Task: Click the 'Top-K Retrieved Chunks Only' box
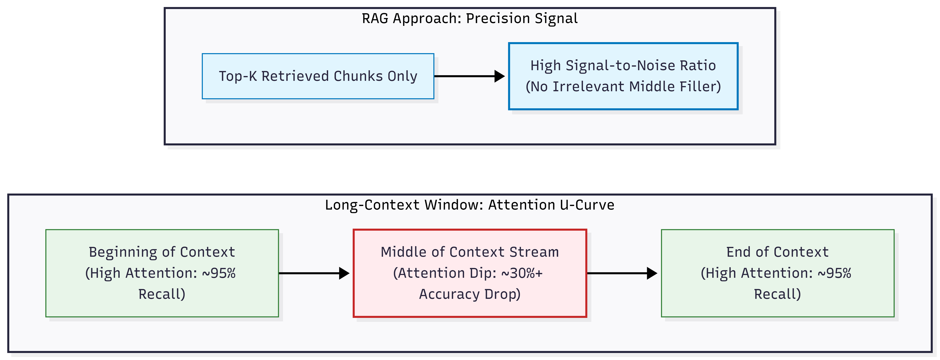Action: point(318,76)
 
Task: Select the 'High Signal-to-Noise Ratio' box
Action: point(623,76)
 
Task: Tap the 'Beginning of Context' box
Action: point(162,273)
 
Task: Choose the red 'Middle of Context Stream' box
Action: point(470,273)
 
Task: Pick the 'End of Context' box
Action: point(778,273)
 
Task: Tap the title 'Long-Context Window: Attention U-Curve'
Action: point(470,205)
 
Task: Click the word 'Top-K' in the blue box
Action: point(238,76)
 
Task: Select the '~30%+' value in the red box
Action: point(522,273)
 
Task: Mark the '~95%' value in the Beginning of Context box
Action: point(219,273)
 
